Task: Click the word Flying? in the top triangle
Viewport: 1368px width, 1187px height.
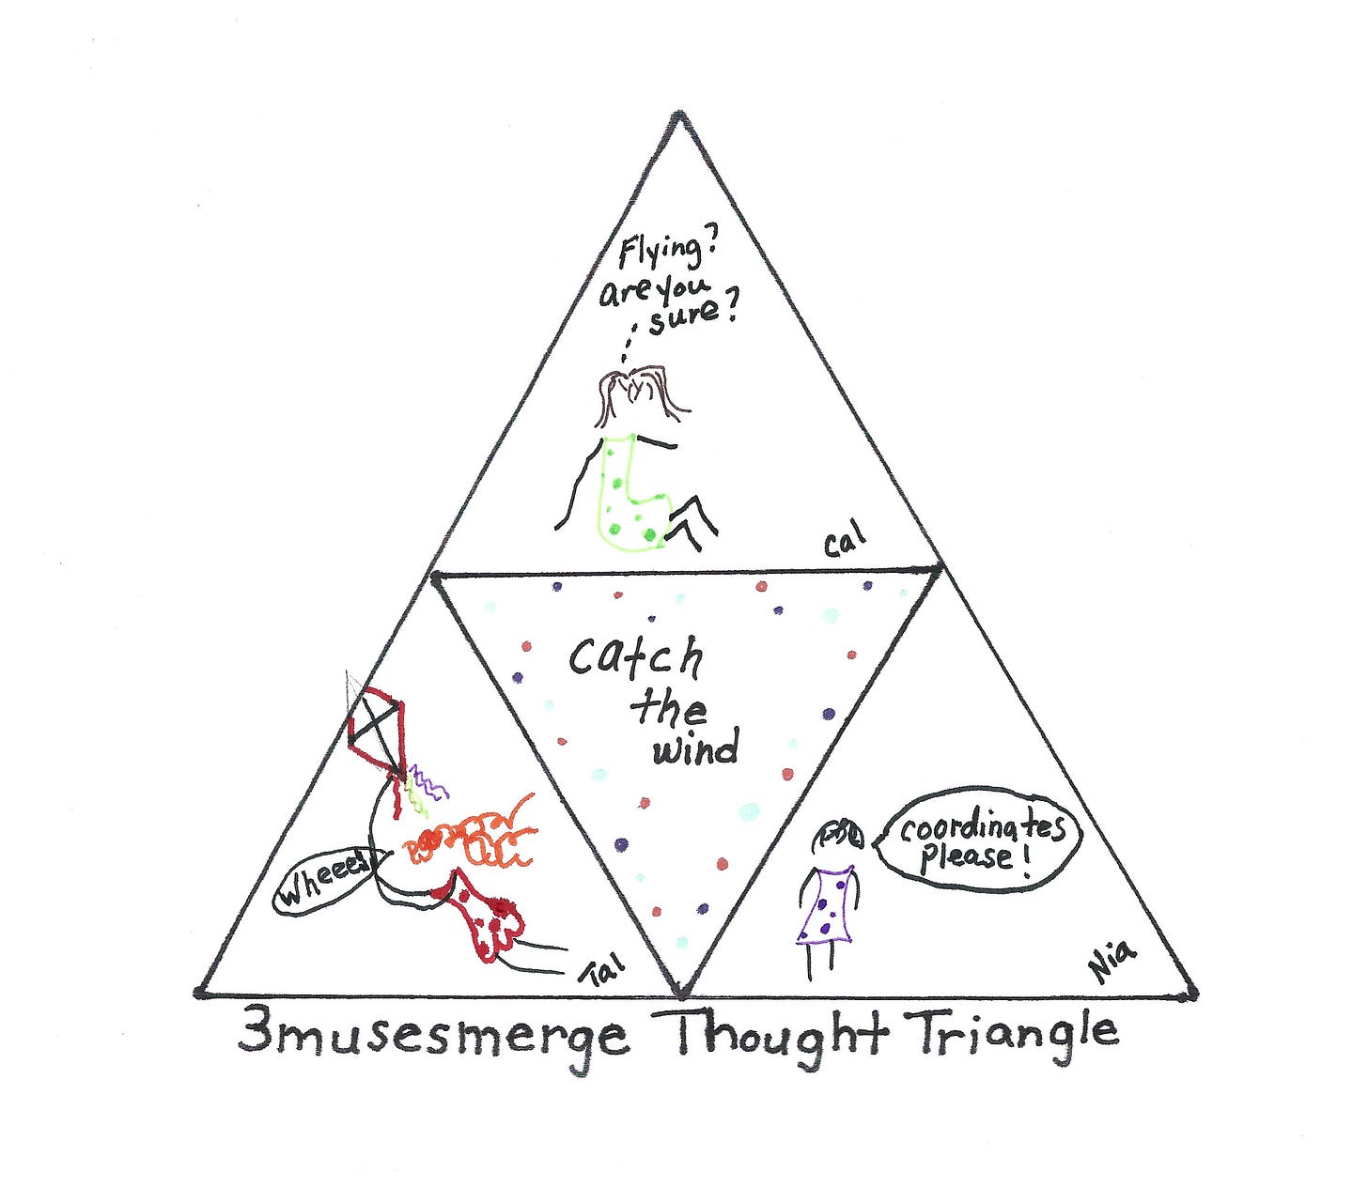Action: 661,253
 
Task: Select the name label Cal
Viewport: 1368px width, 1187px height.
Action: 845,543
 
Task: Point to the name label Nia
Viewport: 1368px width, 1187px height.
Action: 1113,963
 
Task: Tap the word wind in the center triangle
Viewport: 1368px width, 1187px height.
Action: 696,749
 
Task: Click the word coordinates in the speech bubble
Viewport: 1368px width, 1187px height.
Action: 983,829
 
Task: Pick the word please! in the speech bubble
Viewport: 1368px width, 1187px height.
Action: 968,858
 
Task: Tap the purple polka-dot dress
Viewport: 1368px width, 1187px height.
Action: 826,907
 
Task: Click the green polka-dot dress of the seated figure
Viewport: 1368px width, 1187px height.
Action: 630,493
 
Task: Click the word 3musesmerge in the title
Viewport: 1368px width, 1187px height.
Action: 432,1036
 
